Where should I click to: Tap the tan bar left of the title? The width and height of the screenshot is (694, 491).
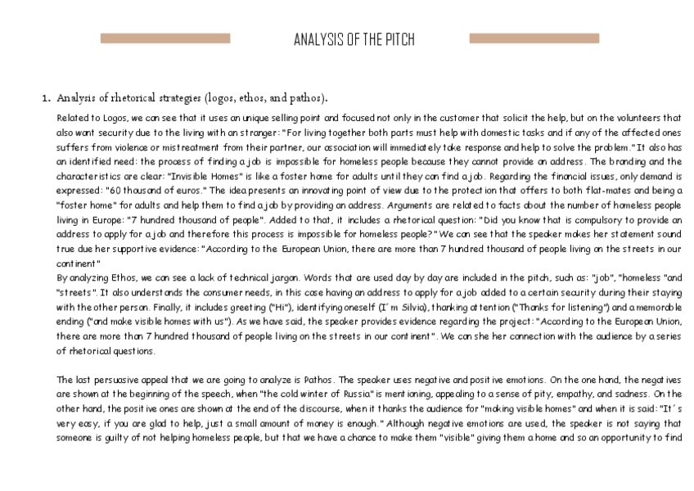[164, 38]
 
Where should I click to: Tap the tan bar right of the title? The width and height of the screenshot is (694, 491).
[534, 38]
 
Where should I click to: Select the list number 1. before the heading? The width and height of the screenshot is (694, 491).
[47, 98]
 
